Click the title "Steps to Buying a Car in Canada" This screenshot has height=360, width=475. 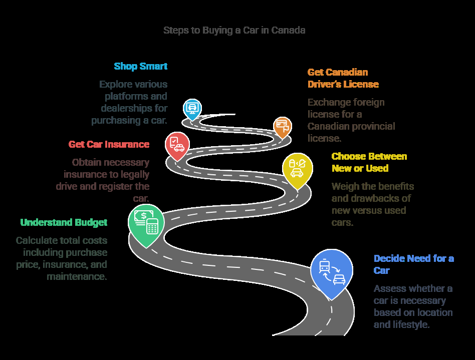click(234, 30)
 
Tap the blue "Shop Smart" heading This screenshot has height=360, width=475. click(140, 66)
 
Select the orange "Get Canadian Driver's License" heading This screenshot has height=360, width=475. click(343, 78)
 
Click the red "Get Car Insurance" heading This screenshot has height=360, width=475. click(109, 144)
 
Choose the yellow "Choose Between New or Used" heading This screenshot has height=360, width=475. click(369, 162)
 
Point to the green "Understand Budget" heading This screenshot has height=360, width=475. click(64, 222)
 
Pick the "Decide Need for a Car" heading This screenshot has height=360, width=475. click(413, 264)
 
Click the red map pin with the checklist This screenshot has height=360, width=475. click(177, 144)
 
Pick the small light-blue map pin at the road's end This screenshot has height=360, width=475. click(192, 108)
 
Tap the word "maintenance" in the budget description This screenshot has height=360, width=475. click(77, 276)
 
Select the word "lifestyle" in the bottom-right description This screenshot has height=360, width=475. click(412, 324)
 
